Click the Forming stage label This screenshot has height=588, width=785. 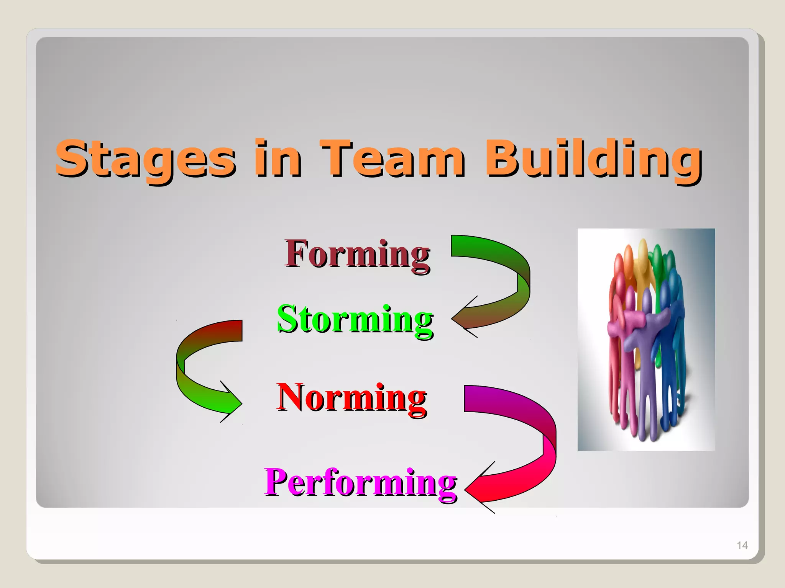(x=357, y=254)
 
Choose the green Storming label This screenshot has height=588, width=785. (x=355, y=319)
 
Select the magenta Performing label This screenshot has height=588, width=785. (x=360, y=482)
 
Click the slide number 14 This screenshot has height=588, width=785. (x=742, y=546)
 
